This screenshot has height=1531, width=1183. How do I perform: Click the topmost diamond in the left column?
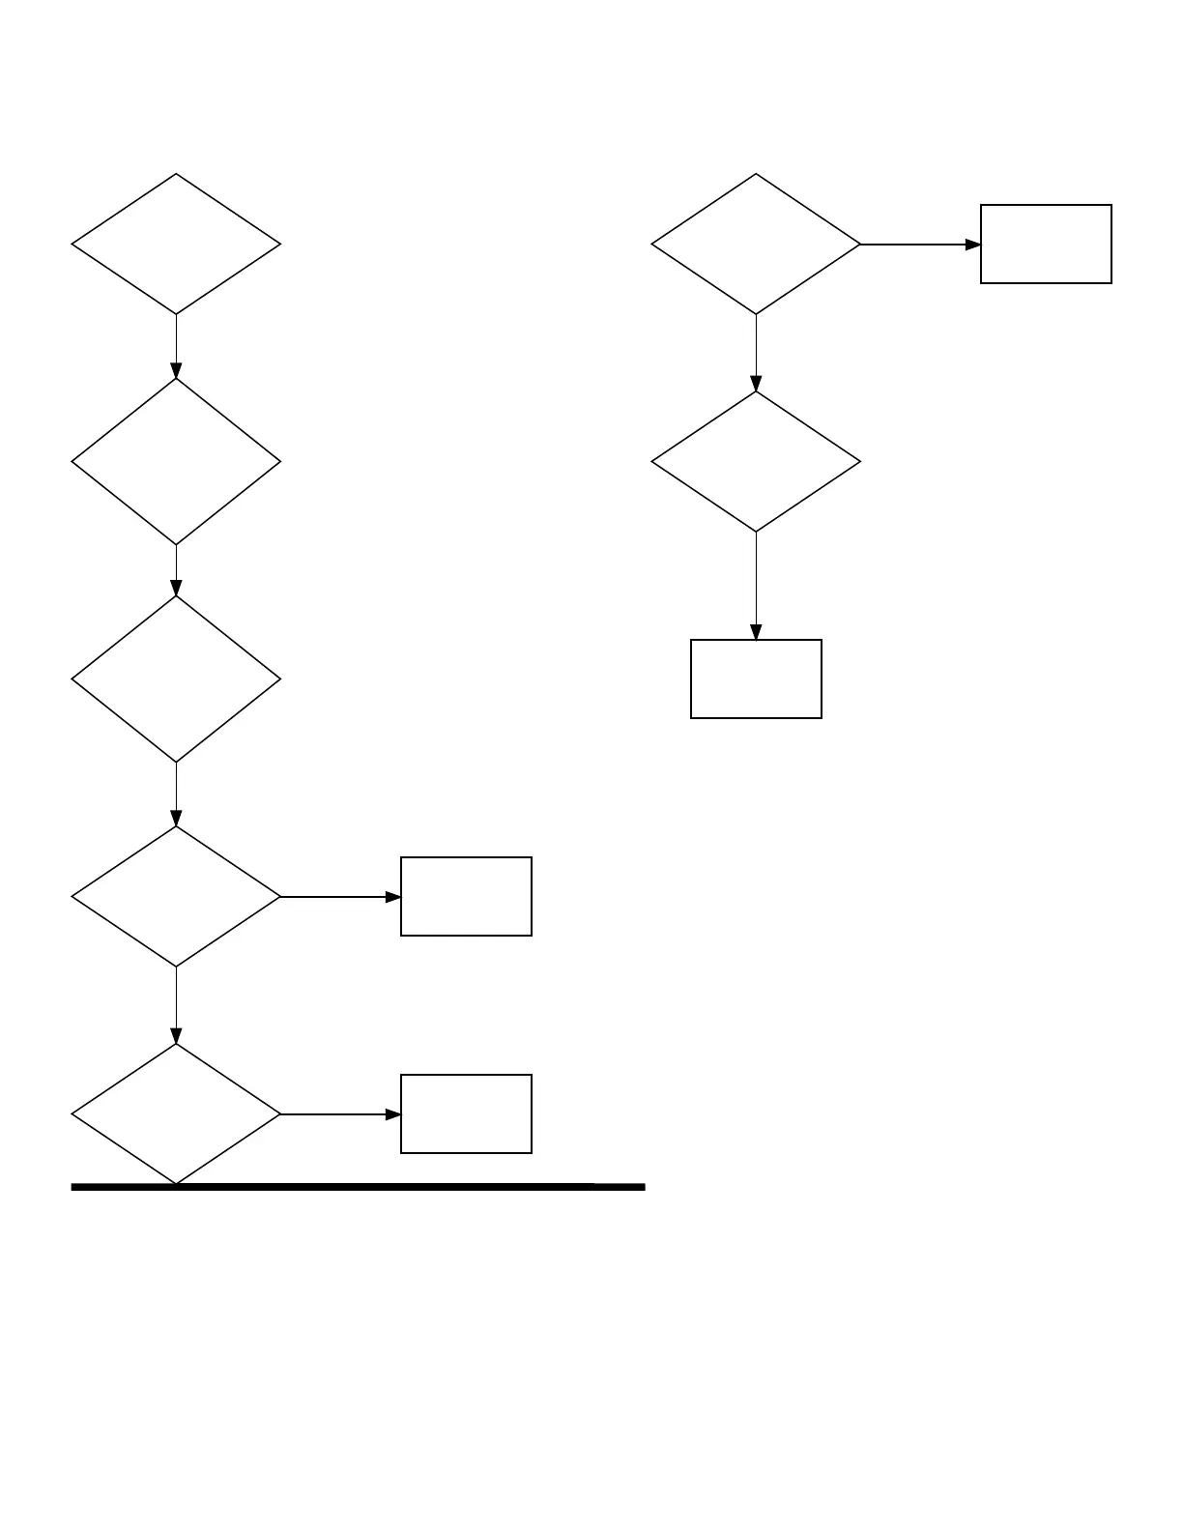(x=176, y=245)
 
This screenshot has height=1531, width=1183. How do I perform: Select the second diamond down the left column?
(x=176, y=462)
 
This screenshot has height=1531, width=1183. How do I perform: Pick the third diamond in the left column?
(x=176, y=679)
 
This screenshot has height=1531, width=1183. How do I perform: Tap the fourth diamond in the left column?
(x=176, y=897)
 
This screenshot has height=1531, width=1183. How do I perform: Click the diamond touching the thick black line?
(x=176, y=1114)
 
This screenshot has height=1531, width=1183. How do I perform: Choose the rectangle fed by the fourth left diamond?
(x=466, y=897)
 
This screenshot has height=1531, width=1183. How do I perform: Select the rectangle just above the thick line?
(x=466, y=1114)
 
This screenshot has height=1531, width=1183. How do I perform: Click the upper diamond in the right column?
(x=756, y=245)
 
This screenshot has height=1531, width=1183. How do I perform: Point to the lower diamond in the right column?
(x=756, y=462)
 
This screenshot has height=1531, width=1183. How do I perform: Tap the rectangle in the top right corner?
(x=1046, y=245)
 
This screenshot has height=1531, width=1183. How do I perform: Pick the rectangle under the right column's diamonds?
(x=756, y=679)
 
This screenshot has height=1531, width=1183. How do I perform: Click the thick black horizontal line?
(x=387, y=1187)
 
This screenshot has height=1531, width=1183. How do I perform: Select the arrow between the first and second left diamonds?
(x=176, y=346)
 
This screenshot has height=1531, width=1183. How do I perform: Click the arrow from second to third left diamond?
(x=176, y=570)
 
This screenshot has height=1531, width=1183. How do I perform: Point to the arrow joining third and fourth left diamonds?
(x=176, y=794)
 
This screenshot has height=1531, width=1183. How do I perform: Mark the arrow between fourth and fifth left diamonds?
(x=176, y=1005)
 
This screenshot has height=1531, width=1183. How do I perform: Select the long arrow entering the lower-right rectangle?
(x=756, y=586)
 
